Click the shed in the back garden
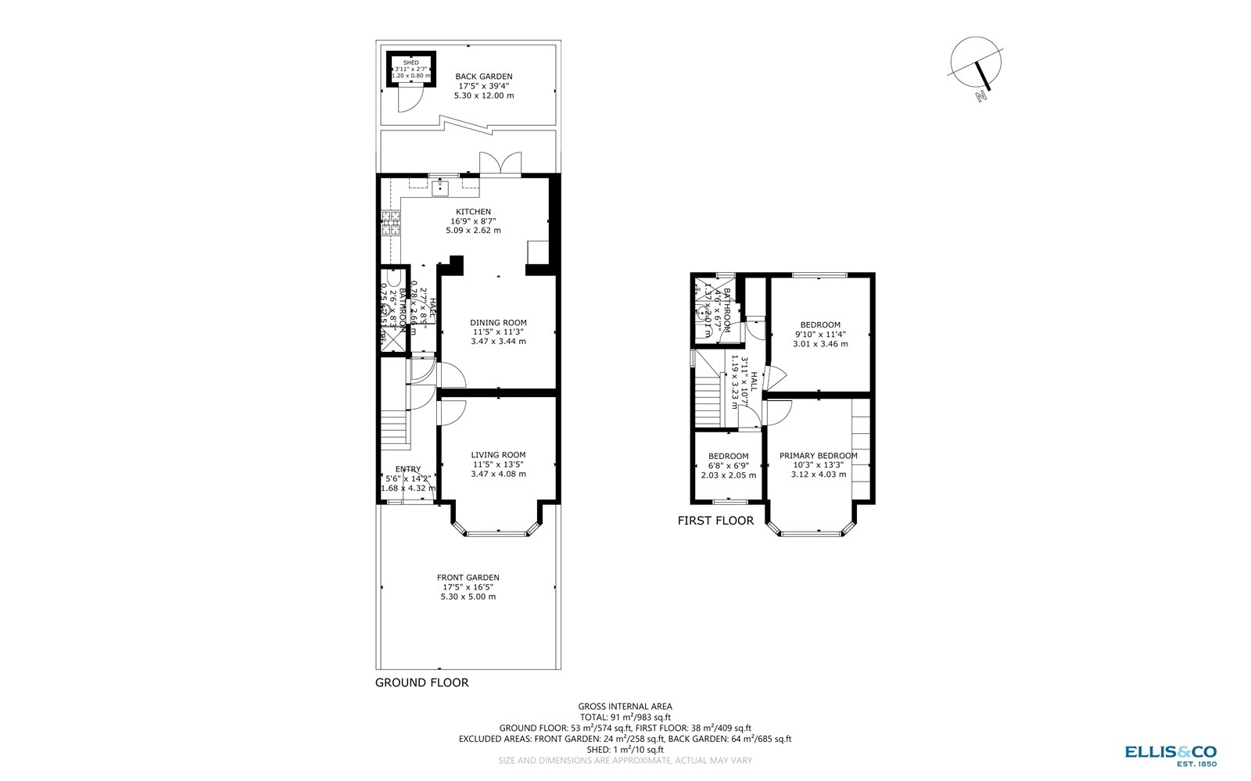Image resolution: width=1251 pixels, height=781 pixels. [x=411, y=69]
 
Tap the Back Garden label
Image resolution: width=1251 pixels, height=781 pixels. [x=484, y=86]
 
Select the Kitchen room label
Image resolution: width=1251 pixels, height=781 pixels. [x=473, y=221]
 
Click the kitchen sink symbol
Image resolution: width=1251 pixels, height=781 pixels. [x=440, y=187]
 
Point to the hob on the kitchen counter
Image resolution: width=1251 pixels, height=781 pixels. [x=390, y=224]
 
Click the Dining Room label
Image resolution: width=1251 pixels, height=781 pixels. [x=498, y=331]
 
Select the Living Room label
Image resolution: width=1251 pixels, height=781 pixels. [x=498, y=464]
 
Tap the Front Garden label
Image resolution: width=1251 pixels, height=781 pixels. [x=468, y=587]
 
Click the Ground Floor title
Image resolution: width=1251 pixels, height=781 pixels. [x=422, y=682]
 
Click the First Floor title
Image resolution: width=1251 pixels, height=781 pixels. [x=715, y=521]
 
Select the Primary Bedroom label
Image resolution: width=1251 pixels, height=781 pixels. [x=818, y=464]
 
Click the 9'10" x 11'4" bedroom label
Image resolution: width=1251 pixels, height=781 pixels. [x=820, y=334]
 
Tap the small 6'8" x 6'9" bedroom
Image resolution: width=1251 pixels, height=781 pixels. [x=728, y=465]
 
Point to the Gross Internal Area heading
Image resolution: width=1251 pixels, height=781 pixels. [x=625, y=706]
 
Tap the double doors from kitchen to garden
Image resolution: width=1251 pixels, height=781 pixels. [x=495, y=164]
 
